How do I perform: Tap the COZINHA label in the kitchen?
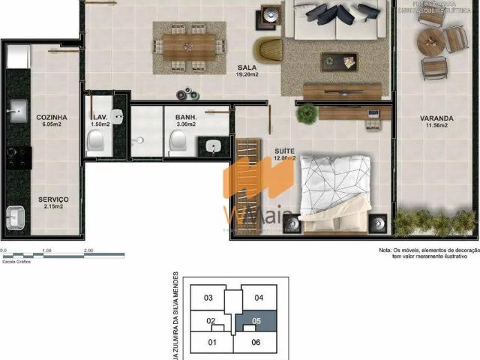pos(52,118)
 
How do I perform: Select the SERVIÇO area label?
pos(53,199)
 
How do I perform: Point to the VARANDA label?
pos(436,118)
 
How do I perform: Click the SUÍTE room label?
pos(283,150)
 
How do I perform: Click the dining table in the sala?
pos(188,47)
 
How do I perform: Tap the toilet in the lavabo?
pos(95,140)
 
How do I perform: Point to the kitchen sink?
pos(16,112)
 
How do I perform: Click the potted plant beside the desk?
pos(307,113)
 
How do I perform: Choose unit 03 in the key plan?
pos(209,298)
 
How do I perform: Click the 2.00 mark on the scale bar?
pos(88,250)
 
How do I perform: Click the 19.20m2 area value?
pos(247,75)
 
